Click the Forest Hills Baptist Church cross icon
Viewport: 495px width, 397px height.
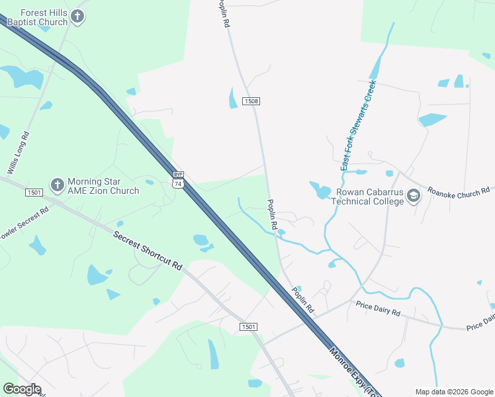[77, 17]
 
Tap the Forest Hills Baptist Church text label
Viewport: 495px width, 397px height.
[37, 17]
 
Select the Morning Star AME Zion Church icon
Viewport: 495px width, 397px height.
[57, 184]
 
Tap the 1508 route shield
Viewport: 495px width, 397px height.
[251, 101]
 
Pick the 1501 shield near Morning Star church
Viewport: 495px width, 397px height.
[34, 193]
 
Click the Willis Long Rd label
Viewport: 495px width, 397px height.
[18, 153]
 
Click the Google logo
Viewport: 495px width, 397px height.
[21, 389]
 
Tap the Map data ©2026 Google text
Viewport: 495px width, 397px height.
[454, 392]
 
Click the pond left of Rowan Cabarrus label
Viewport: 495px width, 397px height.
[322, 191]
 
